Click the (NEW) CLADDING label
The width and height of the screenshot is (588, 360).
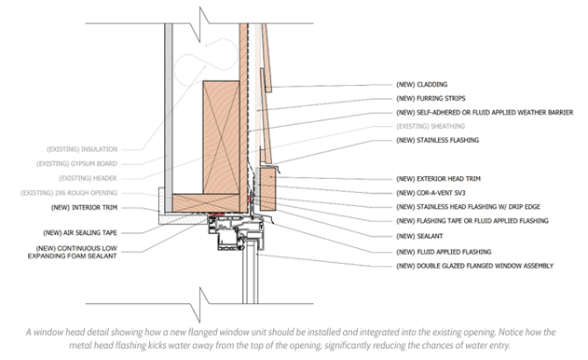[421, 85]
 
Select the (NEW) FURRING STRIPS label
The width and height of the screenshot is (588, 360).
[431, 98]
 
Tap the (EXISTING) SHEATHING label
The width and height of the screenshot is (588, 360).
[431, 126]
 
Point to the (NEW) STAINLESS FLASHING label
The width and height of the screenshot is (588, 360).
[437, 140]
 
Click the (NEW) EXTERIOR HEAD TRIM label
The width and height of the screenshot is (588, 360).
[438, 179]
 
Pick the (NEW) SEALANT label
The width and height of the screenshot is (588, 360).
[419, 236]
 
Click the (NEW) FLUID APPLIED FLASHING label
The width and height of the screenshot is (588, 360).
[444, 252]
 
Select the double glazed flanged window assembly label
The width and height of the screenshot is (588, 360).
[474, 266]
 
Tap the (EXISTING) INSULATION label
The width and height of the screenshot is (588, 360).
[82, 149]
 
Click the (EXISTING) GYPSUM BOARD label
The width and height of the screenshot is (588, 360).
[76, 163]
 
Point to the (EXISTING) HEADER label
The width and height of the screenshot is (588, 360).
[88, 178]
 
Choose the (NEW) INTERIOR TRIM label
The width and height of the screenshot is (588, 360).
[84, 208]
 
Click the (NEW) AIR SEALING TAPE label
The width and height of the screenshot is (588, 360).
[80, 233]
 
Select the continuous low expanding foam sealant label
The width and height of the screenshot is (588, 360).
[73, 252]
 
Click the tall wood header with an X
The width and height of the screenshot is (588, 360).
[221, 137]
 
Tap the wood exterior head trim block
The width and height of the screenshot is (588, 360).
[267, 188]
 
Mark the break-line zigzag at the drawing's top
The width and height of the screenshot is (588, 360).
[199, 23]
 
